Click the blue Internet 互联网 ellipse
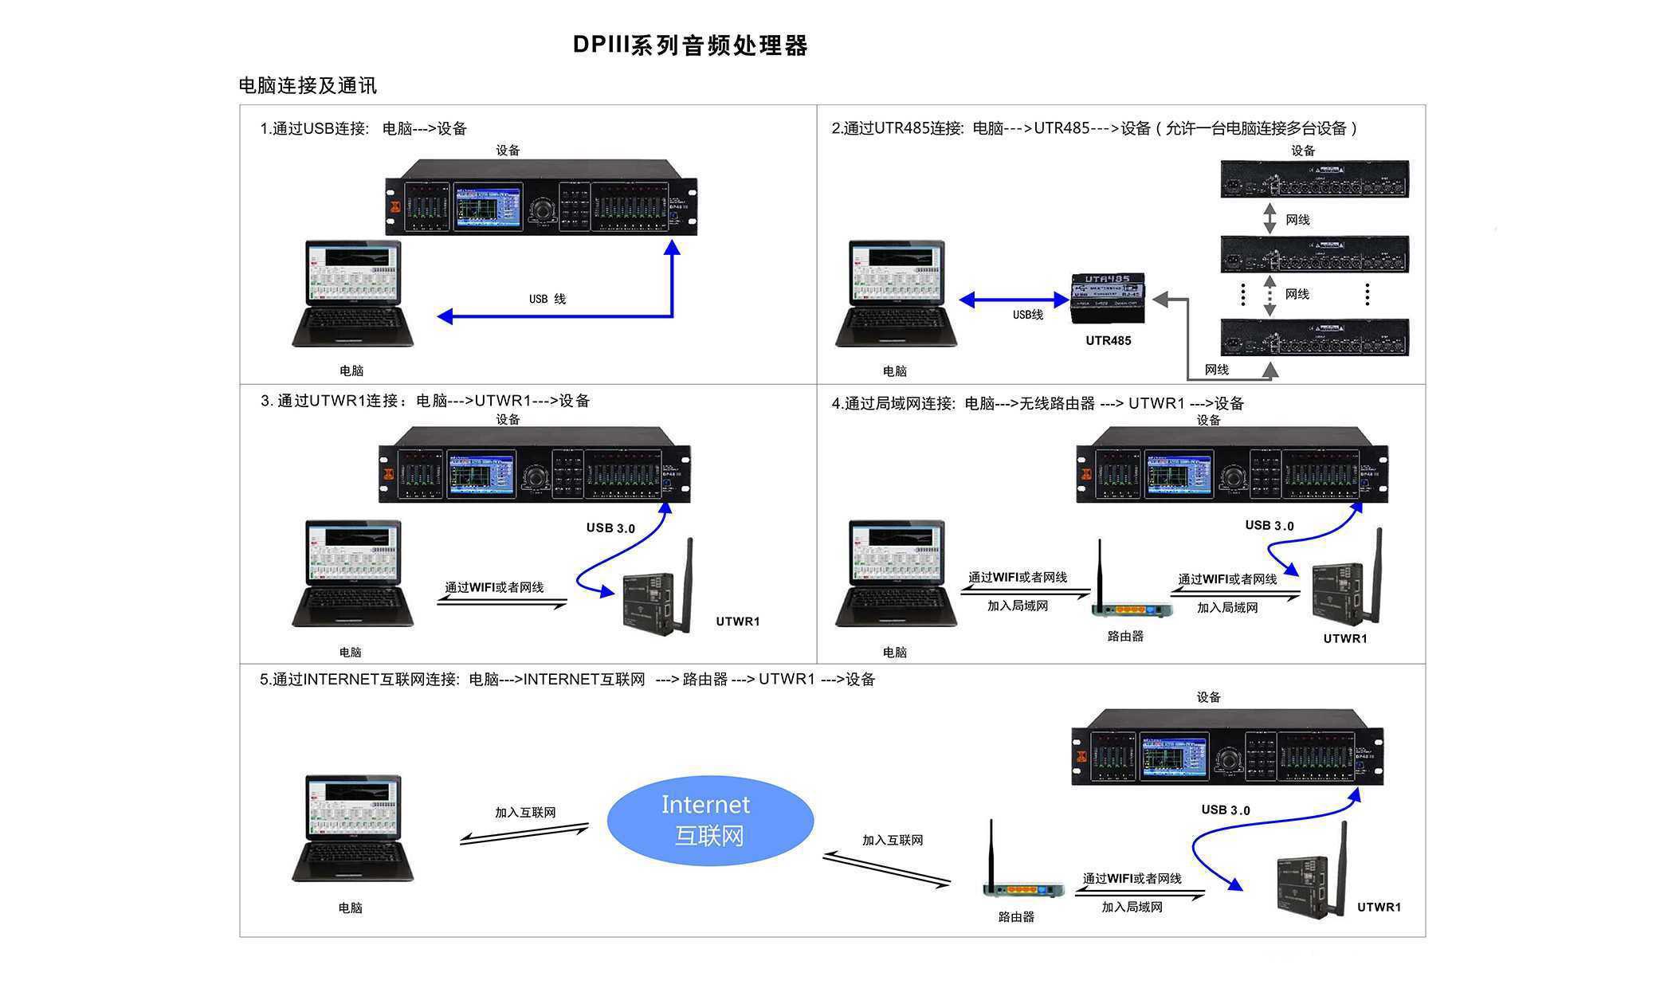tap(709, 820)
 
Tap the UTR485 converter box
tap(1109, 298)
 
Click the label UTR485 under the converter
tap(1108, 341)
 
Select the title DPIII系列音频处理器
tap(690, 45)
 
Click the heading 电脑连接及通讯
tap(308, 86)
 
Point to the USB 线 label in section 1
tap(547, 299)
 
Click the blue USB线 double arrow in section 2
tap(1014, 300)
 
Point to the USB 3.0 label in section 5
tap(1225, 810)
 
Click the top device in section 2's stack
tap(1314, 179)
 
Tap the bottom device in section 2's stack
tap(1314, 337)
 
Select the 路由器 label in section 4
tap(1125, 637)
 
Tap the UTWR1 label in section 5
tap(1379, 907)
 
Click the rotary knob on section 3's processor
tap(536, 477)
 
